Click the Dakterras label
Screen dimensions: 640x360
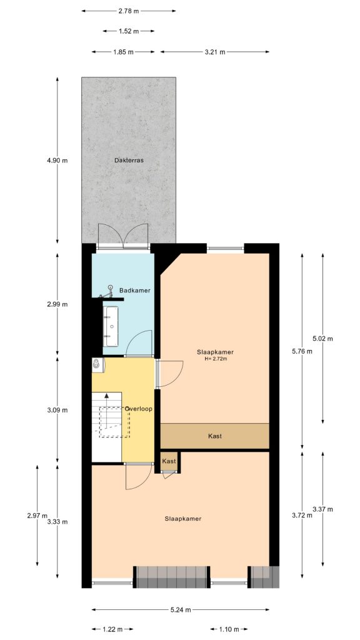click(129, 161)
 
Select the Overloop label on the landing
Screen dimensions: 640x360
click(139, 409)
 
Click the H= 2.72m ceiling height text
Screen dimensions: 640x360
click(215, 359)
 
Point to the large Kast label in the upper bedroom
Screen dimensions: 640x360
click(214, 436)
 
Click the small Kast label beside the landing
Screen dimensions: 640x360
click(169, 461)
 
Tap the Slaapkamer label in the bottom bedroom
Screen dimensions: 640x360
click(182, 519)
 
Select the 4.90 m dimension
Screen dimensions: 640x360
click(57, 161)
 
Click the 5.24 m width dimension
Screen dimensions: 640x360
click(181, 610)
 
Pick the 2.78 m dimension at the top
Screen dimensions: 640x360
click(128, 11)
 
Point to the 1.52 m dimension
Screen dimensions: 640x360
click(128, 31)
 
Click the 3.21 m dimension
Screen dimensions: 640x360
click(214, 52)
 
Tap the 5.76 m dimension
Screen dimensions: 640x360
click(302, 351)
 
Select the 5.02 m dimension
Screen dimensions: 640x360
click(323, 339)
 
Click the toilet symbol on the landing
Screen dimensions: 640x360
click(96, 363)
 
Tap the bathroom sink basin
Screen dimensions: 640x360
click(112, 326)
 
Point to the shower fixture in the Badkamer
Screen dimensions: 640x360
click(110, 289)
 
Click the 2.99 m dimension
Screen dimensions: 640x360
click(57, 304)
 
